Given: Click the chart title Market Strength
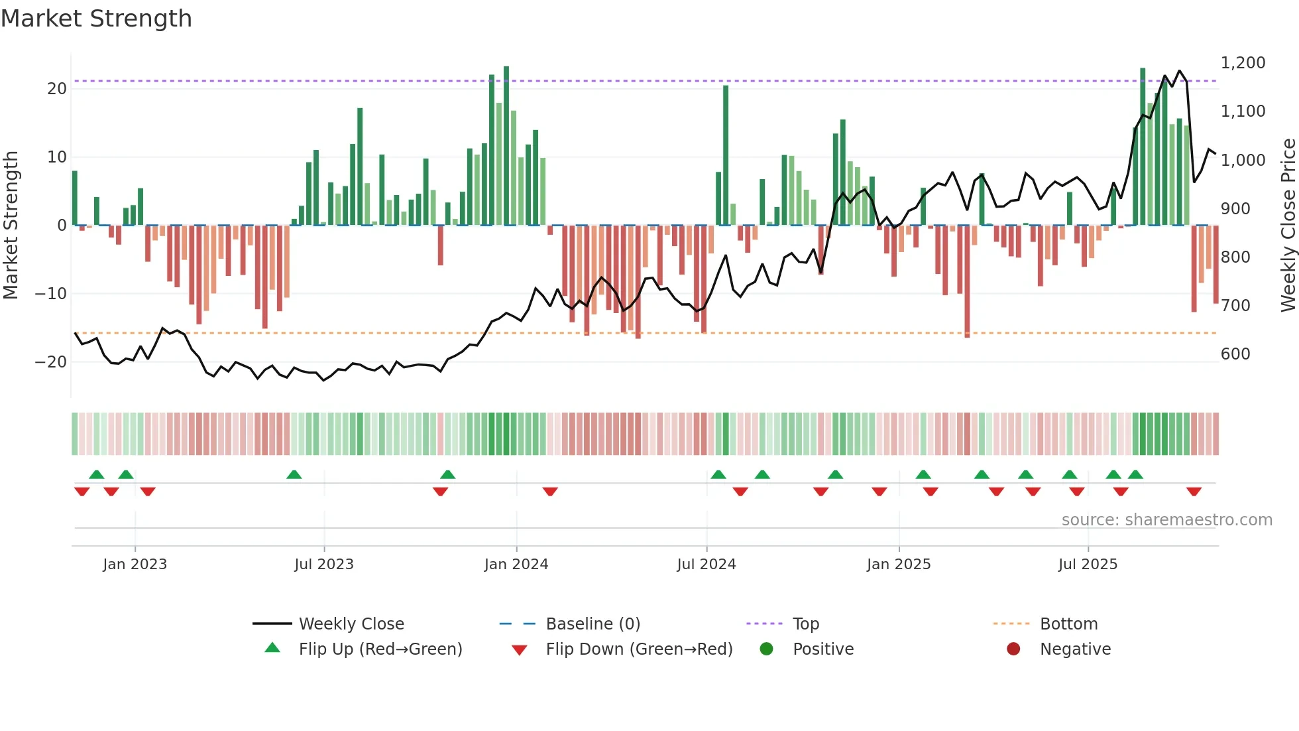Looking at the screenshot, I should click(x=96, y=19).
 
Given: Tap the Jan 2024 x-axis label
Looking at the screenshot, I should click(x=516, y=565).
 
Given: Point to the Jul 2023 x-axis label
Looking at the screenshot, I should click(x=324, y=565).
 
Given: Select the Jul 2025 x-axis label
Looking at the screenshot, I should click(x=1088, y=565).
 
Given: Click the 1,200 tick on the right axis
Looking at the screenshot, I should click(x=1243, y=63).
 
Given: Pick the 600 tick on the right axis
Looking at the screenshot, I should click(x=1235, y=354).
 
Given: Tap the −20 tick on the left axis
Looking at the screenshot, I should click(x=51, y=362).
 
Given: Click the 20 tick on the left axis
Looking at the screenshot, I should click(x=57, y=89).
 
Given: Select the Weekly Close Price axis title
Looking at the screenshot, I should click(x=1288, y=225).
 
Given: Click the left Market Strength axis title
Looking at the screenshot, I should click(x=11, y=225).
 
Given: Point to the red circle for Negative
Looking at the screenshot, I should click(x=1013, y=649).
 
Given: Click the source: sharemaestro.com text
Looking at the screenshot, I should click(x=1166, y=520).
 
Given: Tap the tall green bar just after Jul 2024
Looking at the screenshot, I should click(x=726, y=155).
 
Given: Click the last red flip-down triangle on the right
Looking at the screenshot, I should click(x=1194, y=492).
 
